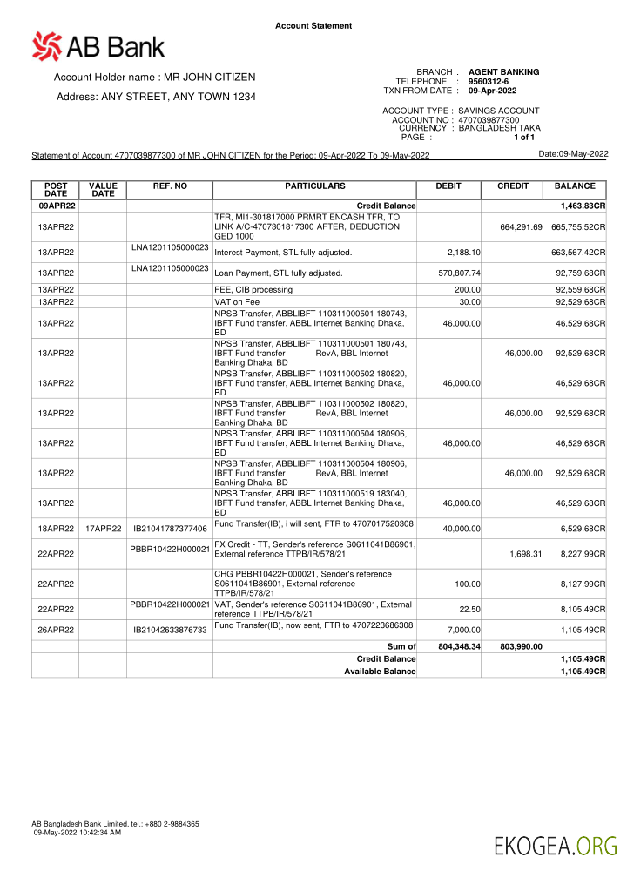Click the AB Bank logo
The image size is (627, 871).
pyautogui.click(x=98, y=45)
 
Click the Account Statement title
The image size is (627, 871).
pyautogui.click(x=313, y=26)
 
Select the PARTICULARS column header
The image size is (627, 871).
pyautogui.click(x=314, y=186)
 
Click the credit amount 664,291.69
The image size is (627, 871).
pyautogui.click(x=521, y=226)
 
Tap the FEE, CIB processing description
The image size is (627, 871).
pyautogui.click(x=253, y=289)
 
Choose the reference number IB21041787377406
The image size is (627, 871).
pyautogui.click(x=170, y=529)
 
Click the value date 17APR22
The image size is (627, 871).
pyautogui.click(x=103, y=529)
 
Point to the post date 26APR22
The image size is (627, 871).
pyautogui.click(x=55, y=630)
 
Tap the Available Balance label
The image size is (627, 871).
pyautogui.click(x=380, y=672)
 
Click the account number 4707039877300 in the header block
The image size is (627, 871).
pyautogui.click(x=489, y=119)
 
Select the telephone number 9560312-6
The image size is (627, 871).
pyautogui.click(x=488, y=81)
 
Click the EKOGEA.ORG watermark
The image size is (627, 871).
pyautogui.click(x=555, y=845)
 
